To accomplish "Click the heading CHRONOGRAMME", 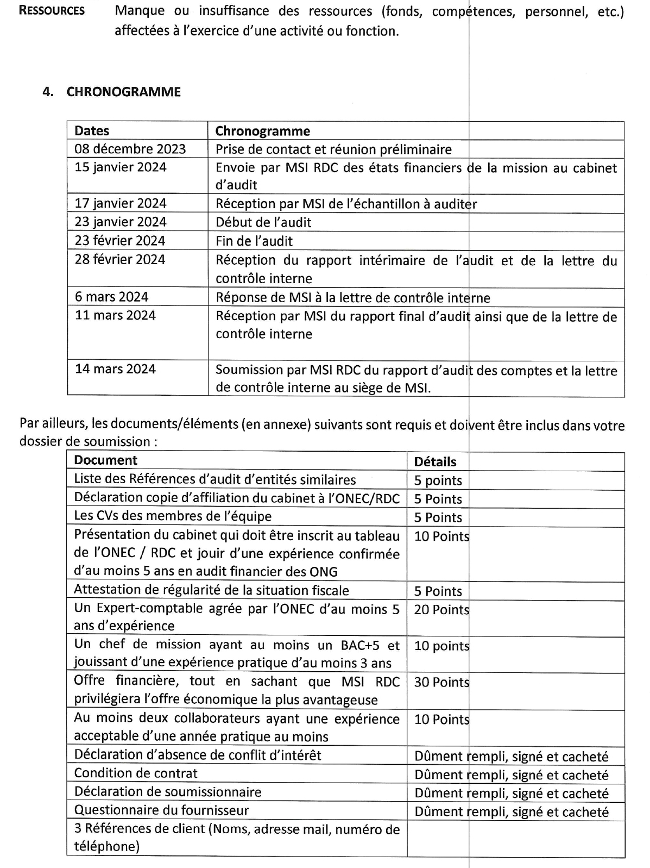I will pyautogui.click(x=123, y=92).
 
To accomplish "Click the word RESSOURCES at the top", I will pyautogui.click(x=52, y=11).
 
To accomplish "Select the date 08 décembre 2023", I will pyautogui.click(x=130, y=149).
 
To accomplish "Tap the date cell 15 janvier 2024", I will pyautogui.click(x=120, y=167).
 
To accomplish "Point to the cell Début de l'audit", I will pyautogui.click(x=263, y=222).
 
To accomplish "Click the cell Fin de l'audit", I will pyautogui.click(x=254, y=241).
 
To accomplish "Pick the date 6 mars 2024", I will pyautogui.click(x=111, y=297).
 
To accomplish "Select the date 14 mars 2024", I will pyautogui.click(x=115, y=369).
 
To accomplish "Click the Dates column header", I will pyautogui.click(x=92, y=130).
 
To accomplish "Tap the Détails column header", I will pyautogui.click(x=435, y=461).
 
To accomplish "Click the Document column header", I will pyautogui.click(x=105, y=460).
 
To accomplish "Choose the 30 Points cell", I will pyautogui.click(x=441, y=682).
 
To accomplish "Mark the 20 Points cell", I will pyautogui.click(x=441, y=609).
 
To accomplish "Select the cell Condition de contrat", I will pyautogui.click(x=136, y=773).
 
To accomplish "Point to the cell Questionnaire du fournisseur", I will pyautogui.click(x=161, y=810).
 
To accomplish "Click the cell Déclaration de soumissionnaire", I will pyautogui.click(x=167, y=791).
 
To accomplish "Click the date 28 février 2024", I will pyautogui.click(x=120, y=259).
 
